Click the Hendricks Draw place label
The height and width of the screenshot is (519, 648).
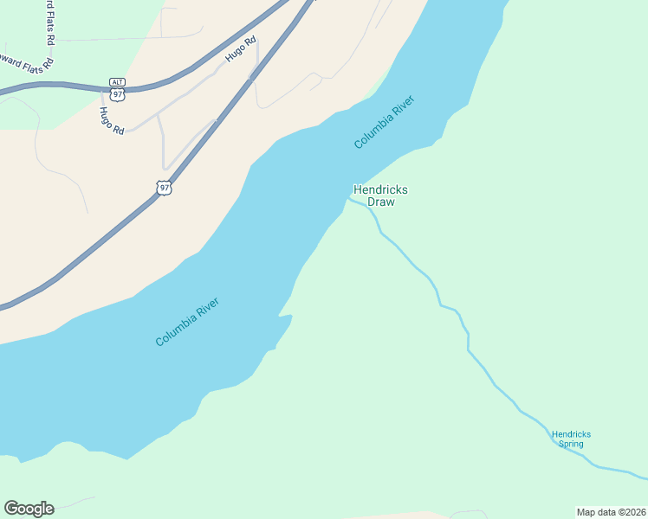point(380,195)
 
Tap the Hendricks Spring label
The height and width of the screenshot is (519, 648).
point(570,439)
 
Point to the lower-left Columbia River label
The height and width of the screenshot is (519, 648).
point(186,322)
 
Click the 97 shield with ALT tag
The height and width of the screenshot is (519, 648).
point(118,92)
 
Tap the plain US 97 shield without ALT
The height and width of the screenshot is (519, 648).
point(164,187)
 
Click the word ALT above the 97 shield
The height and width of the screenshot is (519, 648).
point(118,81)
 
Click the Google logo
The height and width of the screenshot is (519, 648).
point(29,509)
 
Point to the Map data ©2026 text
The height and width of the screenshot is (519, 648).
point(611,512)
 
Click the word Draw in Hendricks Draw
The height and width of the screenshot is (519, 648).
point(380,202)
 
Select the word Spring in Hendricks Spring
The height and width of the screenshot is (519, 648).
point(570,445)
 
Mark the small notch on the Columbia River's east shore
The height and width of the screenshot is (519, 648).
point(284,317)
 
